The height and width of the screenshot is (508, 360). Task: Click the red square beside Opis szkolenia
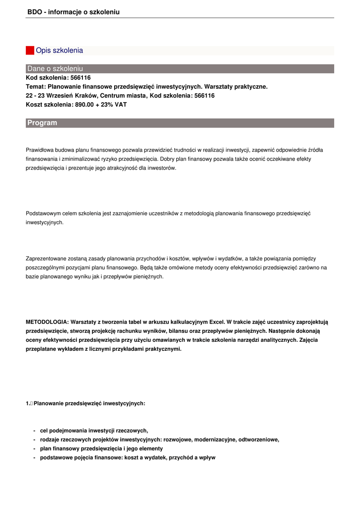pyautogui.click(x=30, y=51)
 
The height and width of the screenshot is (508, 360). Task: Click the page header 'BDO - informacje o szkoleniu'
pyautogui.click(x=73, y=12)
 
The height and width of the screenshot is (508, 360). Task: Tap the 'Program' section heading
pyautogui.click(x=42, y=123)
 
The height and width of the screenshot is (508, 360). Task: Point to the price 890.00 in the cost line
pyautogui.click(x=85, y=105)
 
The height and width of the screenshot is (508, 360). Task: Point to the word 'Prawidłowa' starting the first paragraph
pyautogui.click(x=39, y=149)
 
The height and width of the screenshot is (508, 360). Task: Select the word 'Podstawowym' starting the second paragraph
pyautogui.click(x=42, y=213)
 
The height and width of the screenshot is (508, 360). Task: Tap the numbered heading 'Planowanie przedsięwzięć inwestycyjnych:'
pyautogui.click(x=89, y=403)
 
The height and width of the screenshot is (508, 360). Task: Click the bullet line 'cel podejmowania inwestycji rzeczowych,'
pyautogui.click(x=94, y=431)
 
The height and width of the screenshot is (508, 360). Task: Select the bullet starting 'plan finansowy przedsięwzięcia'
pyautogui.click(x=101, y=448)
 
